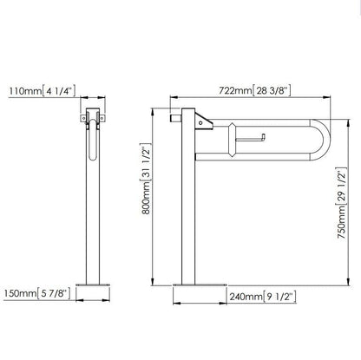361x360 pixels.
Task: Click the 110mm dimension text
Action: (x=25, y=91)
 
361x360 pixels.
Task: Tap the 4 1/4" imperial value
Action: (x=59, y=90)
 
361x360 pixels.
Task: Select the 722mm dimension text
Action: (x=235, y=90)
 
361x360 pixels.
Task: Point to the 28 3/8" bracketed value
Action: (x=272, y=90)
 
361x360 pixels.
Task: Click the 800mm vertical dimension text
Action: (x=146, y=198)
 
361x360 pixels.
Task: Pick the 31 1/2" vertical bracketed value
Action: (x=146, y=161)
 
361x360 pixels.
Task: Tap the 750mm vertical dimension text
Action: (x=342, y=222)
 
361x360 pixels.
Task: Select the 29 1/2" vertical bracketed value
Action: (x=342, y=186)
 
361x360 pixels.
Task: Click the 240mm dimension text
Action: (x=246, y=297)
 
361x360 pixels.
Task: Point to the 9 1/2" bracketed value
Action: (x=280, y=297)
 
